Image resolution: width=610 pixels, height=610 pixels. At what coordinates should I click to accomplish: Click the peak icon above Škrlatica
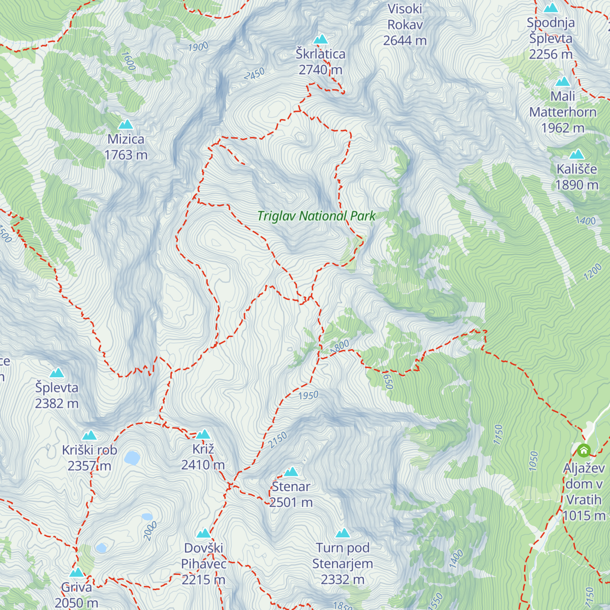click(320, 39)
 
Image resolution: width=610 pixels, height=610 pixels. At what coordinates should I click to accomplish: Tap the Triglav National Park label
click(316, 216)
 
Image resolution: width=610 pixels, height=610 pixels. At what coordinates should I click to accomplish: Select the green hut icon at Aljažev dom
click(584, 450)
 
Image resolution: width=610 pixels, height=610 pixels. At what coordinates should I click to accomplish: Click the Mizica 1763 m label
click(126, 147)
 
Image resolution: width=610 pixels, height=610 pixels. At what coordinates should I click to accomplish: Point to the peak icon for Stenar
click(291, 472)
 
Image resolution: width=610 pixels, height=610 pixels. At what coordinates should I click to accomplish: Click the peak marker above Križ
click(203, 434)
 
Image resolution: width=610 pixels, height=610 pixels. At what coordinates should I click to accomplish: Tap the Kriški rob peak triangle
click(89, 435)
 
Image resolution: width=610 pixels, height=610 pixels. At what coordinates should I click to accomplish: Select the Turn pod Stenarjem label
click(343, 563)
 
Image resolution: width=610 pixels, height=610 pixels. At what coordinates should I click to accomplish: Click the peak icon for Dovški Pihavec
click(204, 533)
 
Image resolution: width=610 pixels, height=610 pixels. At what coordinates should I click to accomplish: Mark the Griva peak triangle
click(77, 572)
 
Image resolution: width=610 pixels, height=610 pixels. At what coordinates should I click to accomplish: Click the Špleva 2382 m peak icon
click(57, 373)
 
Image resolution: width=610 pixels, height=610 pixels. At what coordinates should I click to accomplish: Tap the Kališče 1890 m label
click(576, 177)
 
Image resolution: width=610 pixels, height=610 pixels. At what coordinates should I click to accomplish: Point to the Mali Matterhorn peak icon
click(563, 82)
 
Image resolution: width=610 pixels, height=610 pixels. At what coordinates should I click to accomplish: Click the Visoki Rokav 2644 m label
click(405, 24)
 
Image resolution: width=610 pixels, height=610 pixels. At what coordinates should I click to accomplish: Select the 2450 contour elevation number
click(254, 74)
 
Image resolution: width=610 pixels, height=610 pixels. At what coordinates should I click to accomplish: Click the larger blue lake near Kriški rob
click(132, 458)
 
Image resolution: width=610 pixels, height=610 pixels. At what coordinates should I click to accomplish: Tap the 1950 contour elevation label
click(308, 395)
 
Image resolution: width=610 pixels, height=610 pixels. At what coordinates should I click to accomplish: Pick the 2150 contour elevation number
click(278, 440)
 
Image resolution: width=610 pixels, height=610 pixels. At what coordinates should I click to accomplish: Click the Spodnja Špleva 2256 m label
click(551, 38)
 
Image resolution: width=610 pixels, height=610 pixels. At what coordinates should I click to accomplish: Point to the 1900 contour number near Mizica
click(198, 47)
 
